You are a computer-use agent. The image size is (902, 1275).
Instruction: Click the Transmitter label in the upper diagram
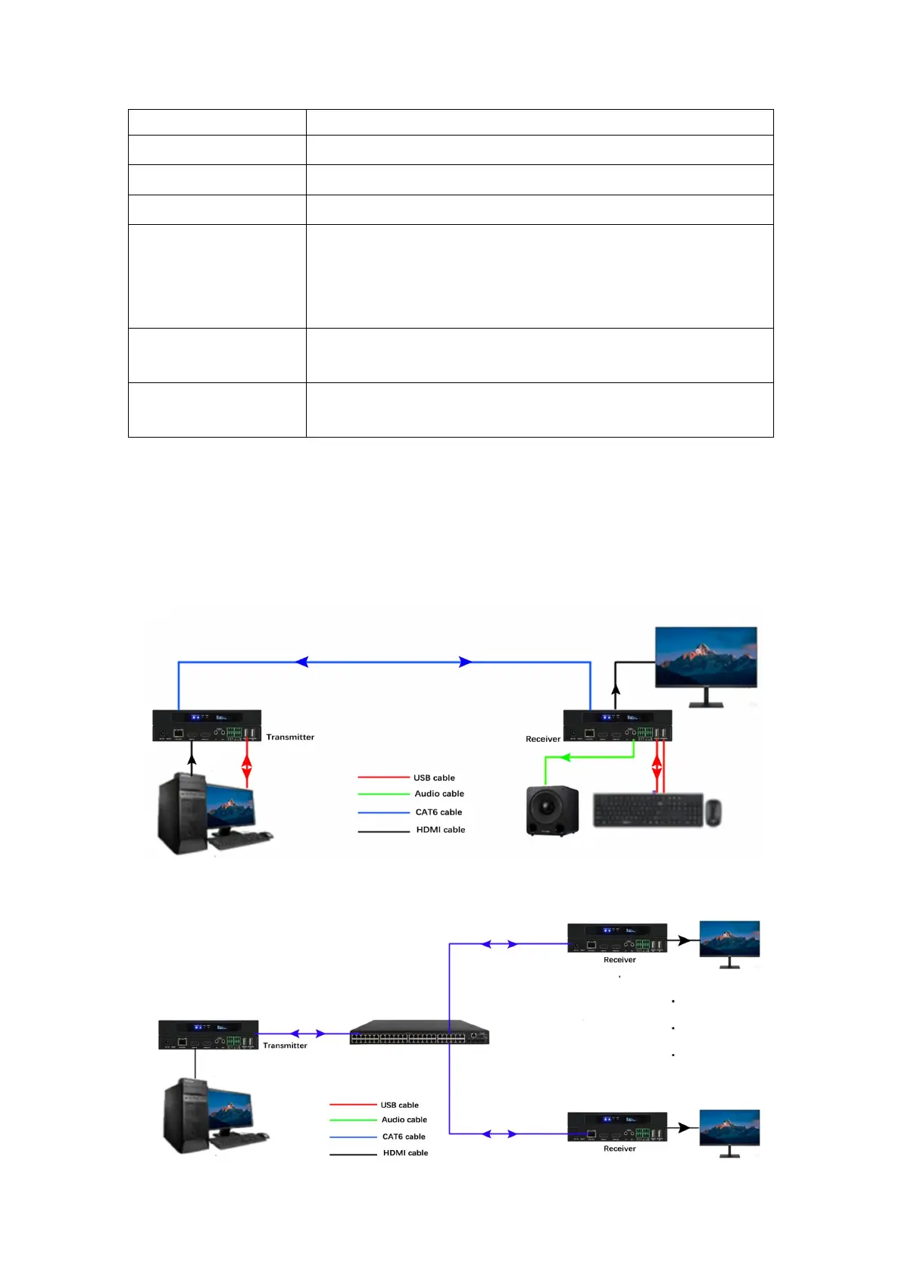[x=290, y=737]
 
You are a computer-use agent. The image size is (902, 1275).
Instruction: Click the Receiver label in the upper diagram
[x=543, y=739]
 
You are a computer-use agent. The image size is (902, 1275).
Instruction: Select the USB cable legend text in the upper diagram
[x=434, y=778]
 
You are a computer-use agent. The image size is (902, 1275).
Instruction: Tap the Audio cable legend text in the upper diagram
[x=439, y=793]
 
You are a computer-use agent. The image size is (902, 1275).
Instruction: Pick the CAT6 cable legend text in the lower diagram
[x=404, y=1136]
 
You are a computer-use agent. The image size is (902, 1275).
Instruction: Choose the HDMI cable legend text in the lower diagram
[x=405, y=1153]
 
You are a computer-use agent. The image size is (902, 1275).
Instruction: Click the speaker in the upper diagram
[x=552, y=811]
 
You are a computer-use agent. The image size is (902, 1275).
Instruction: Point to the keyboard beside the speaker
[x=648, y=810]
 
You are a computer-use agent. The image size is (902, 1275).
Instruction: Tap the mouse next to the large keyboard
[x=713, y=812]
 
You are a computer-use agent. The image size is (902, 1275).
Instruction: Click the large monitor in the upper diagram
[x=705, y=657]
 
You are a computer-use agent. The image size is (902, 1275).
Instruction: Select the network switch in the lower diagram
[x=419, y=1033]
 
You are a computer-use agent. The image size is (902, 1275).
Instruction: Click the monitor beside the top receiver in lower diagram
[x=729, y=940]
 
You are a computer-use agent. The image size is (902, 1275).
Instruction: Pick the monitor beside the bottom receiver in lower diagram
[x=729, y=1130]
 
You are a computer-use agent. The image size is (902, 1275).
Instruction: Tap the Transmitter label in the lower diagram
[x=285, y=1046]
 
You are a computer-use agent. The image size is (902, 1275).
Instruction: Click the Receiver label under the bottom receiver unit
[x=620, y=1149]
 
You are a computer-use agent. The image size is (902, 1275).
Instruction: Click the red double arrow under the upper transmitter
[x=246, y=765]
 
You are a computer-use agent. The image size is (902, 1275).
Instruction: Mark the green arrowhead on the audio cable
[x=565, y=757]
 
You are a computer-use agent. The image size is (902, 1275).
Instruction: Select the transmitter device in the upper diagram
[x=207, y=725]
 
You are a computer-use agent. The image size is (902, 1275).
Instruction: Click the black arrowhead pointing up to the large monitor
[x=616, y=689]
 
